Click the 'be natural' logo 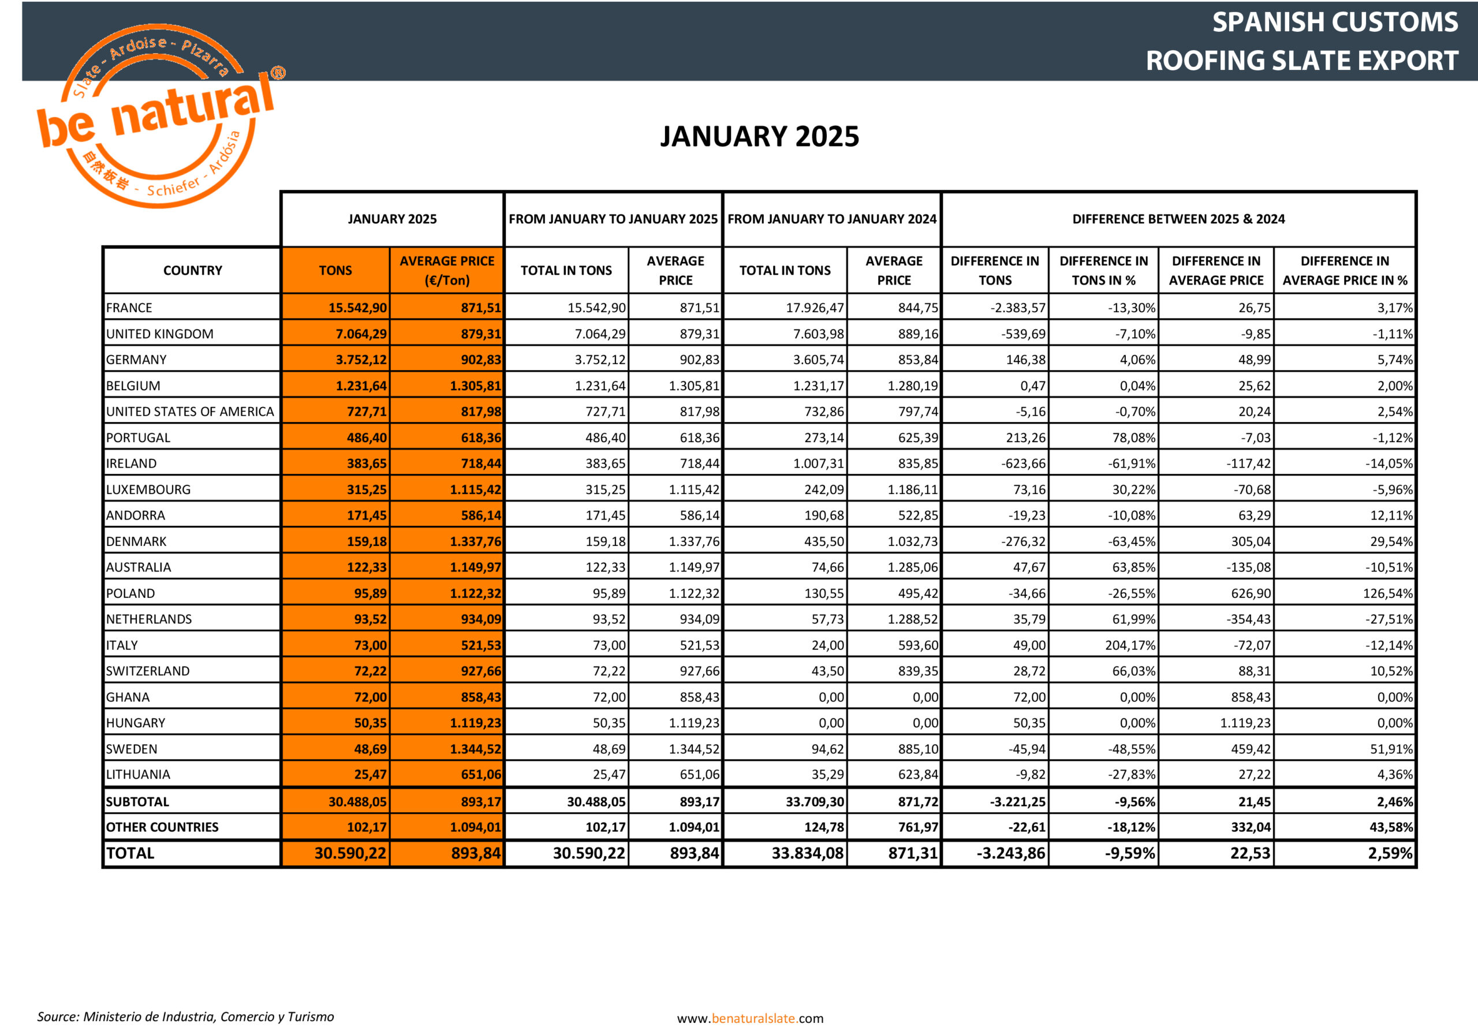[x=158, y=116]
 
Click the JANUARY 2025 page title [x=759, y=136]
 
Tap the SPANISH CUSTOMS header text [x=1334, y=23]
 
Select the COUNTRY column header [x=192, y=270]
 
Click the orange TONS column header [x=335, y=270]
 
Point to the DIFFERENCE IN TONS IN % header [x=1103, y=270]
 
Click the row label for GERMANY [x=136, y=360]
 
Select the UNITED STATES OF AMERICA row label [x=190, y=412]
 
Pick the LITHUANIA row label [x=139, y=775]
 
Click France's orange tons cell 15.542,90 [x=358, y=308]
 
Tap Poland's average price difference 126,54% [x=1387, y=593]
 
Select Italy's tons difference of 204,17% [x=1130, y=645]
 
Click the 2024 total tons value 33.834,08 [x=807, y=854]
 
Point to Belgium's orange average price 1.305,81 [x=475, y=386]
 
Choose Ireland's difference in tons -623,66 [x=1023, y=463]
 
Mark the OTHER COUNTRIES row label [x=162, y=827]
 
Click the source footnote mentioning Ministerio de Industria [x=185, y=1016]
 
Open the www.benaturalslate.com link [x=750, y=1018]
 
